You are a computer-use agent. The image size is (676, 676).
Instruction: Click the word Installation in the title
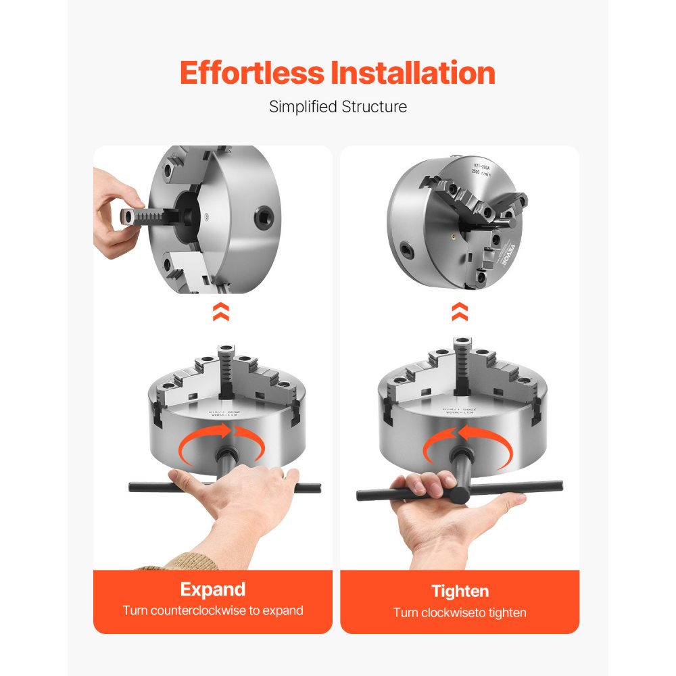413,73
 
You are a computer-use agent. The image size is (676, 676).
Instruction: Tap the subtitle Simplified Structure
338,107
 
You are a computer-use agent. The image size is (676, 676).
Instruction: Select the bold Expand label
213,589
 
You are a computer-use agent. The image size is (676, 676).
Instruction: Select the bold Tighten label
460,591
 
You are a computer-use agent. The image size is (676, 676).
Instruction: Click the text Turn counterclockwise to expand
213,610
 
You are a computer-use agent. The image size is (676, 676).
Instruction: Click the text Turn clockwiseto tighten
460,612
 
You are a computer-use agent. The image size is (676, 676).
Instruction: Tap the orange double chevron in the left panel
220,312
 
